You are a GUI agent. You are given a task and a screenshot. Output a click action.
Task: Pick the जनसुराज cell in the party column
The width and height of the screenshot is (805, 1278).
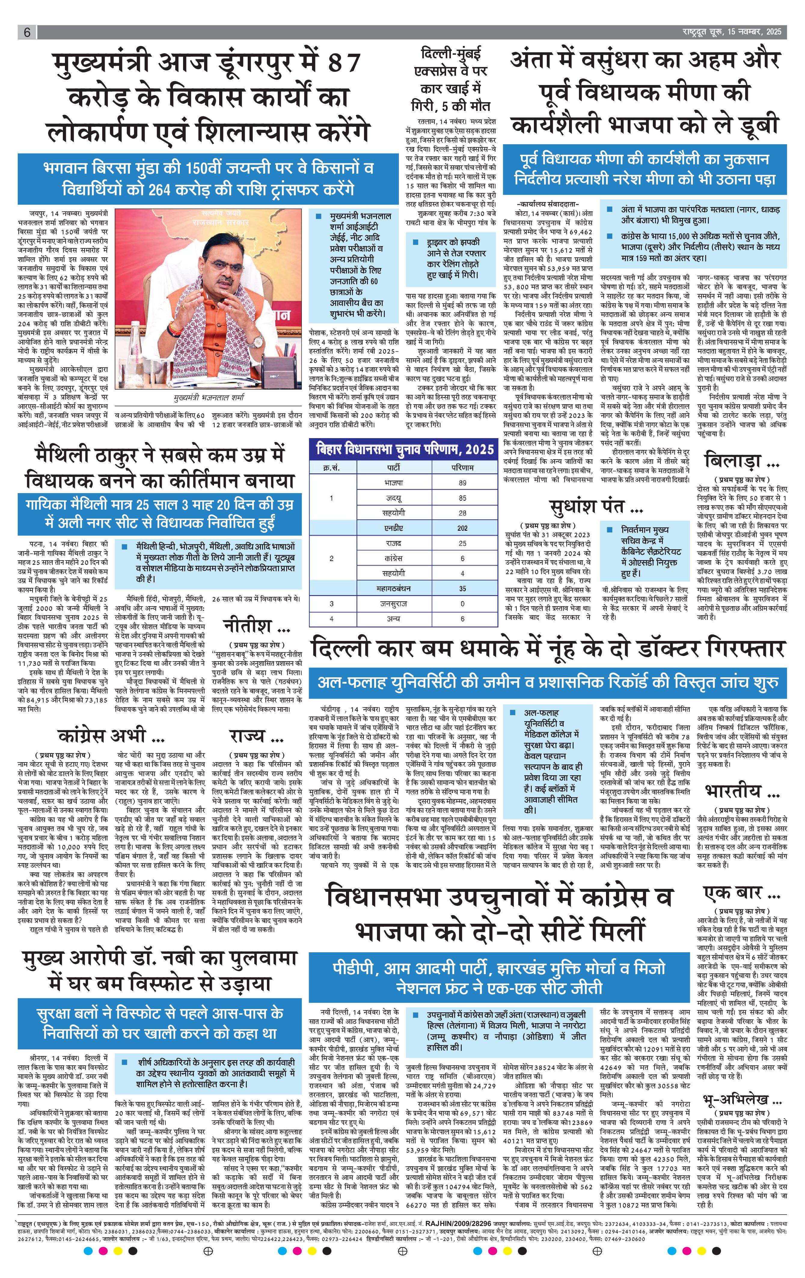tap(393, 603)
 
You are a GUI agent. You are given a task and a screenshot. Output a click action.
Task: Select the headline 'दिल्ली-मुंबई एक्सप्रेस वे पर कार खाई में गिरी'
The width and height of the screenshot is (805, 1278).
tap(451, 78)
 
